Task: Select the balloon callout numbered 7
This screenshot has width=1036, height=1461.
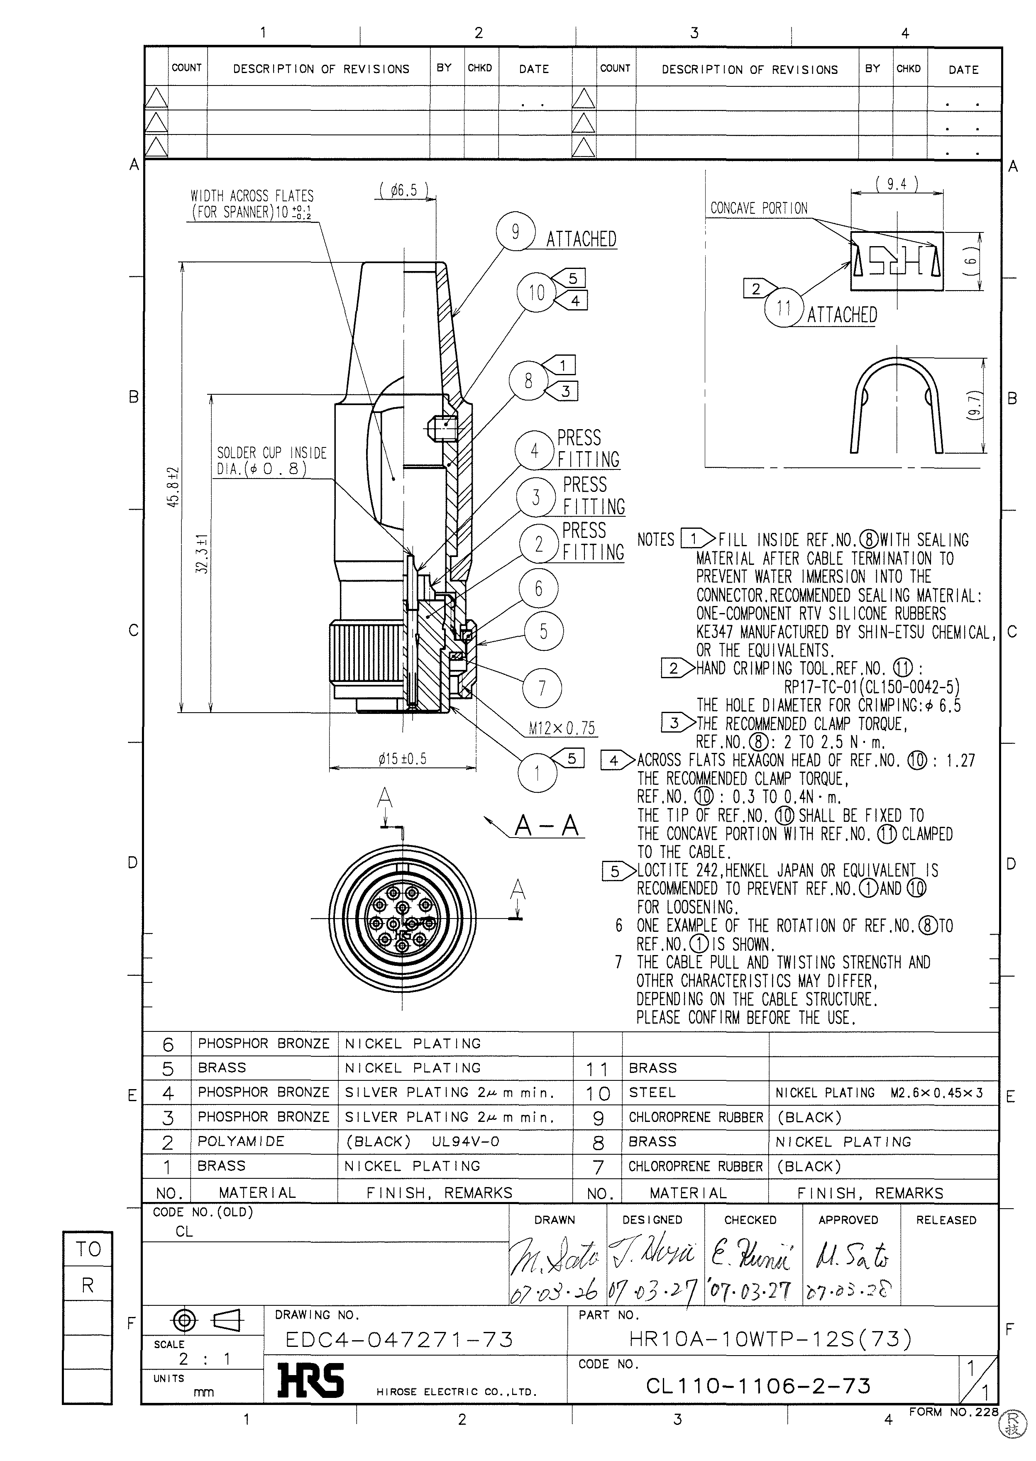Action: pos(542,689)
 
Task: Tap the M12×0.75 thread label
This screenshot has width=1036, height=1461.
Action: pos(562,728)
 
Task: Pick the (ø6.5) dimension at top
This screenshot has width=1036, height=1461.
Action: pos(403,190)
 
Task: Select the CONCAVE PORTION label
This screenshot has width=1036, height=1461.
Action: pos(758,208)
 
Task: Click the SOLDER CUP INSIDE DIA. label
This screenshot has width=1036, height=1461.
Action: pos(271,461)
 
